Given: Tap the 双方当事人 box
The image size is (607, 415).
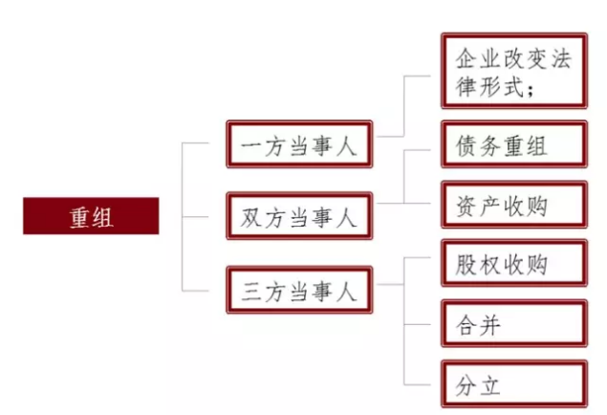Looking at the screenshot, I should (298, 216).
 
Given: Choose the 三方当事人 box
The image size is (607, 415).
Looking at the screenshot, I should (298, 290).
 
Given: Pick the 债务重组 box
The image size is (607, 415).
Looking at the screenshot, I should (513, 145).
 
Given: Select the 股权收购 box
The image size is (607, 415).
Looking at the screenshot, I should (513, 263).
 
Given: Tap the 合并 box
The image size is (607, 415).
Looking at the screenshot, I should (513, 325).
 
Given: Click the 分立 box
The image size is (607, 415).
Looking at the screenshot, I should (513, 385).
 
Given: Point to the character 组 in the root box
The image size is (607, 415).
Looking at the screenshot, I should (102, 216).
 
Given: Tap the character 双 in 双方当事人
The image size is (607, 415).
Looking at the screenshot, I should (251, 217).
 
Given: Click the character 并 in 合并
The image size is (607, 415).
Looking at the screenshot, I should (489, 326).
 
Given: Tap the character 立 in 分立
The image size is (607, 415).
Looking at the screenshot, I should (489, 386).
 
